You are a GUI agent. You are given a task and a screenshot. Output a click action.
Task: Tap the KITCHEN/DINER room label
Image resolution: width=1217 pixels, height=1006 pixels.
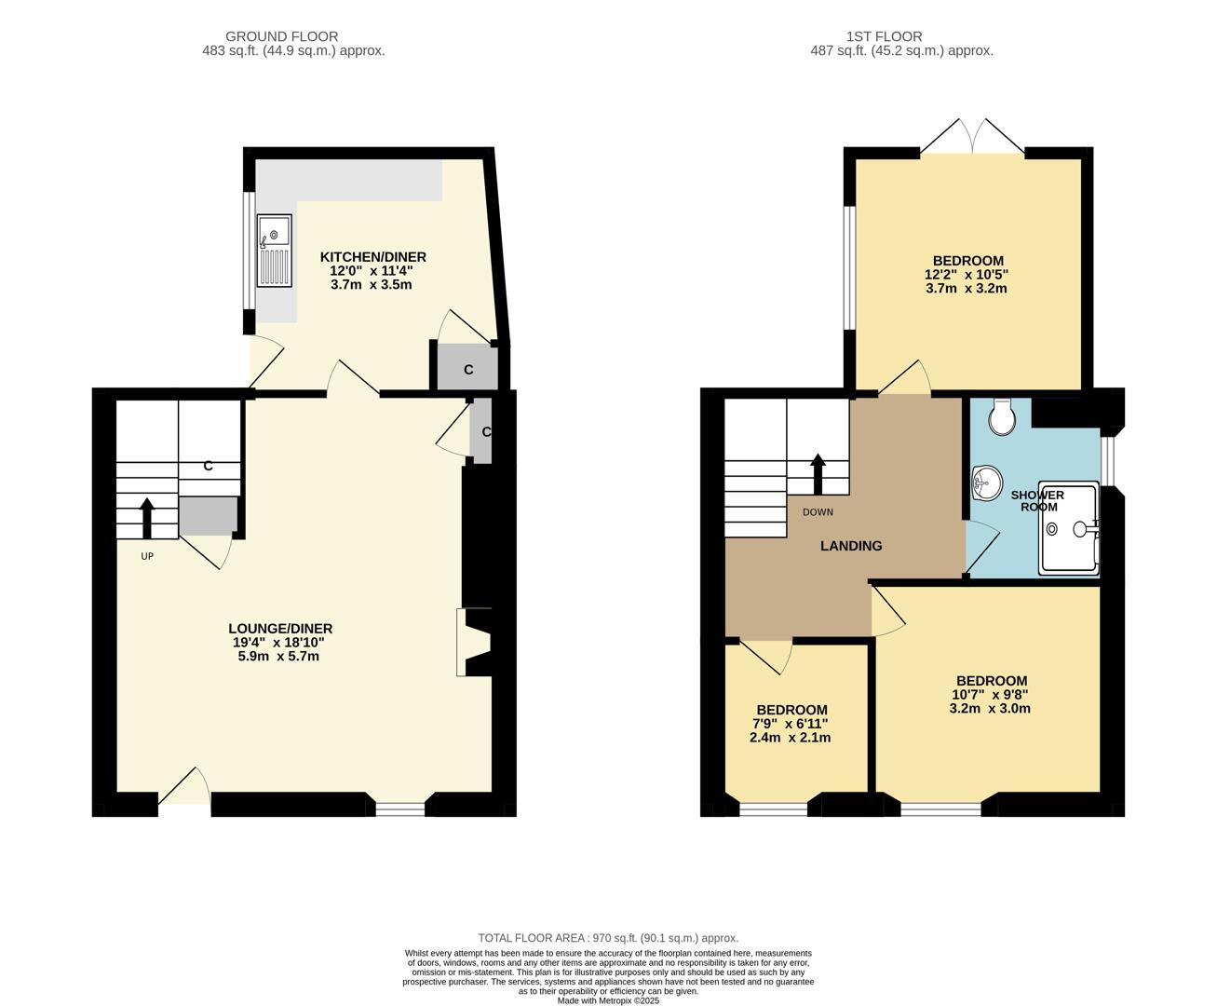coord(372,257)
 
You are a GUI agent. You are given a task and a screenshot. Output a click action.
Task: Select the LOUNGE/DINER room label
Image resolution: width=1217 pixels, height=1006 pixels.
coord(280,629)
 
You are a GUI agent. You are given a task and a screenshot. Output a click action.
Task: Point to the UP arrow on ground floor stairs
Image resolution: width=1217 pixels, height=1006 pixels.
coord(147,518)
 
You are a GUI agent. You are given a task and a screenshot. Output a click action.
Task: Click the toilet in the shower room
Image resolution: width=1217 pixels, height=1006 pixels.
coord(1002,417)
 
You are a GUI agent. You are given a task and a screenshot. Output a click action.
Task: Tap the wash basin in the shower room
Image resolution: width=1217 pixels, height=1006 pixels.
coord(985,483)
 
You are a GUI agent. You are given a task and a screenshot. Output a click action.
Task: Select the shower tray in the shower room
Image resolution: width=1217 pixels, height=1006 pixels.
coord(1069,527)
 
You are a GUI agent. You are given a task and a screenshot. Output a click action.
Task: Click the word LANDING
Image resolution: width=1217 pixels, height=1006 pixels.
coord(850,546)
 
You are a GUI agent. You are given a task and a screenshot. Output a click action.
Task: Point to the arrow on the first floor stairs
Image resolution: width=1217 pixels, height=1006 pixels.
coord(818,473)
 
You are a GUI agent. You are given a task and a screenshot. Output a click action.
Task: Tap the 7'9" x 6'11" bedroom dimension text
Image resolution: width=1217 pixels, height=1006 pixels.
coord(790,724)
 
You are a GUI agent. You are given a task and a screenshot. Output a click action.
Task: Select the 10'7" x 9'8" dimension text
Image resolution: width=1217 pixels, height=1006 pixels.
coord(990,695)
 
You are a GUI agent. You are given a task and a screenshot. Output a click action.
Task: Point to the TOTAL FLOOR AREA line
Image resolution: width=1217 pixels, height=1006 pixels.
coord(608,938)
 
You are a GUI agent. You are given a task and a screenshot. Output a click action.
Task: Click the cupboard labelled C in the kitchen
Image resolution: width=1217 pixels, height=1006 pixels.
coord(468,369)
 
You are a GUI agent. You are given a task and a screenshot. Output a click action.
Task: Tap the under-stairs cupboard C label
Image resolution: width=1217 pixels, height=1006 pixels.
coord(208,466)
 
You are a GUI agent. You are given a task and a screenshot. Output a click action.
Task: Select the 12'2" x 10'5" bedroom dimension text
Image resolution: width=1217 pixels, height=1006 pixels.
coord(967,275)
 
